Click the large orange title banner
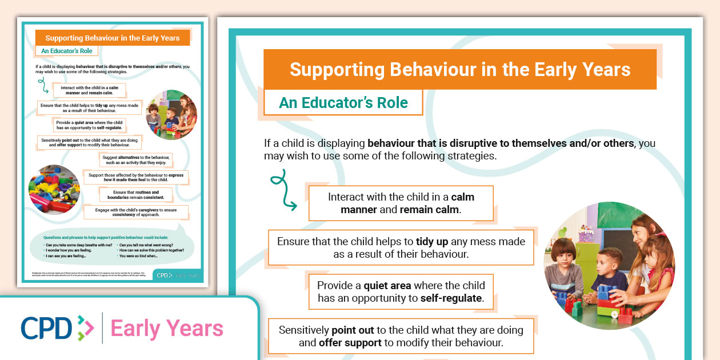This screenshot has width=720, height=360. (459, 69)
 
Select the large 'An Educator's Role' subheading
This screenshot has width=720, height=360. (343, 103)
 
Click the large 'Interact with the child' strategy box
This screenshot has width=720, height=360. (401, 203)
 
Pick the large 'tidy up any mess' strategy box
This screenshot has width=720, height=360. (401, 247)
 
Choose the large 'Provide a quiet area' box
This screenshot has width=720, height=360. (401, 291)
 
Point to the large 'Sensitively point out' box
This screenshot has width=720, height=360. (401, 336)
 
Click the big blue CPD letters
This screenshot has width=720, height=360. (46, 328)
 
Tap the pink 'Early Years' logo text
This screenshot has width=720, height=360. (167, 329)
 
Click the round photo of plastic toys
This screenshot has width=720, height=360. (54, 189)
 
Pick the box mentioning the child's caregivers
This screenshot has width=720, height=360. (135, 213)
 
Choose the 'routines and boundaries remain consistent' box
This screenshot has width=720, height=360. (136, 195)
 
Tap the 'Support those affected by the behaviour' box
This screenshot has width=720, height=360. (135, 177)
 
